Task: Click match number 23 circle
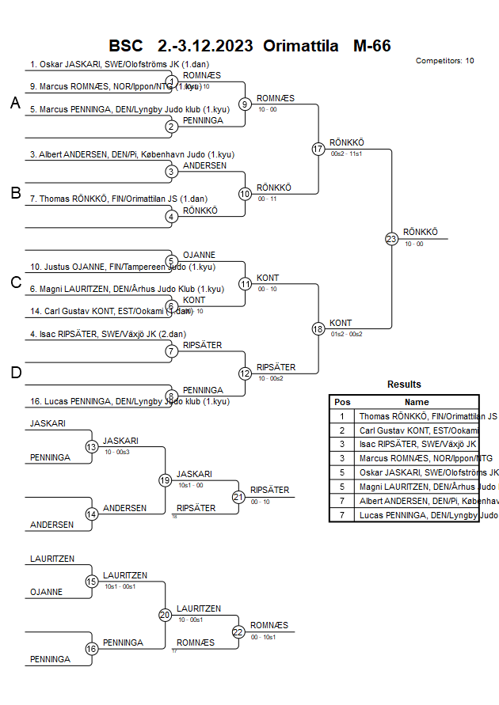click(x=391, y=239)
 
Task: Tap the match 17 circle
click(x=318, y=149)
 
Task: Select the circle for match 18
click(x=318, y=328)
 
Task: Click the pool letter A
click(x=15, y=103)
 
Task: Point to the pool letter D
click(x=15, y=373)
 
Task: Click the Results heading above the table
click(x=404, y=385)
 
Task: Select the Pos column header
click(x=342, y=402)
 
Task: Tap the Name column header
click(x=417, y=402)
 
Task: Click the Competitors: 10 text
click(x=444, y=61)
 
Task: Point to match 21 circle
click(x=238, y=497)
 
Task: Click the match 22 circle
click(x=238, y=631)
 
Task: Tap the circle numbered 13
click(x=92, y=447)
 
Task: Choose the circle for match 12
click(x=246, y=373)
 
